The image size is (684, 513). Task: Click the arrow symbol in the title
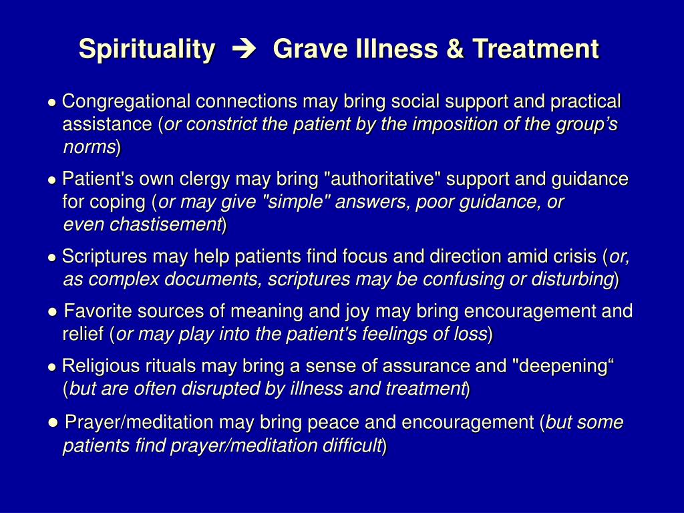point(244,49)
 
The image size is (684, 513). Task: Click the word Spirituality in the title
point(147,49)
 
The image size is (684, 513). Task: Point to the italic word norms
point(90,147)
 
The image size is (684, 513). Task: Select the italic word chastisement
point(165,224)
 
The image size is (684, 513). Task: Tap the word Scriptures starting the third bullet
point(104,256)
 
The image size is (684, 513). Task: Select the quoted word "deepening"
point(562,366)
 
